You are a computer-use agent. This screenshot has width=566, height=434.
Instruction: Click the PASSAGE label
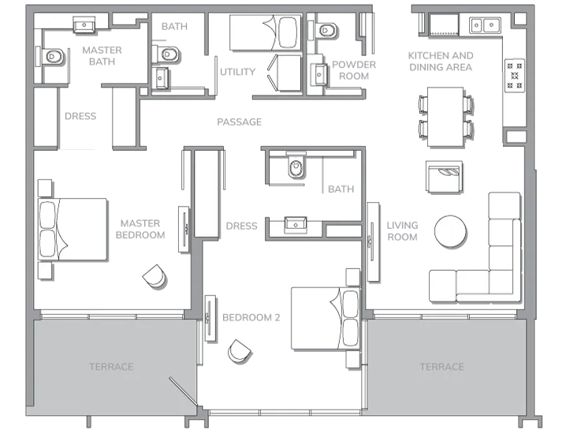point(239,122)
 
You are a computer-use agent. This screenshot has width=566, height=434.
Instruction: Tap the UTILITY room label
point(237,72)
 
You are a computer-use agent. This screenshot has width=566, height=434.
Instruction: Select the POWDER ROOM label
point(354,70)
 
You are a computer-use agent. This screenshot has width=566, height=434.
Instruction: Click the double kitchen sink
point(485,25)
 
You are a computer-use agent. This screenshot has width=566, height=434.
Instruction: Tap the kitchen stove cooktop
point(515,76)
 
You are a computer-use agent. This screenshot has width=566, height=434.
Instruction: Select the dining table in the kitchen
point(445,117)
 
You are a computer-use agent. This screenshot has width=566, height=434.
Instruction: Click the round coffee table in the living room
point(450,232)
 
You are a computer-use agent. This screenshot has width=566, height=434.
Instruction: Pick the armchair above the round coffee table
point(444,176)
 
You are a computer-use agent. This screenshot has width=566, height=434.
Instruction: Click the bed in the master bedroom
point(73,229)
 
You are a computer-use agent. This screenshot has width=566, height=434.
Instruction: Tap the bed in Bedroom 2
point(326,318)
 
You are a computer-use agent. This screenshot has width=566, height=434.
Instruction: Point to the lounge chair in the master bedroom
point(155,276)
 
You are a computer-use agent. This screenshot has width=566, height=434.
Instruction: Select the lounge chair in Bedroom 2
point(240,351)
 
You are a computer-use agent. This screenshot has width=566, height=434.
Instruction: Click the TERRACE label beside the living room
point(441,367)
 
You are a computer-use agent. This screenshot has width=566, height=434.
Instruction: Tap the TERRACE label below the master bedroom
point(111,367)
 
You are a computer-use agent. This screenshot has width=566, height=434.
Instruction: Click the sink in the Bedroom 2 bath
point(296,224)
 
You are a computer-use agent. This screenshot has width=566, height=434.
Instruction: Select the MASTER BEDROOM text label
point(140,229)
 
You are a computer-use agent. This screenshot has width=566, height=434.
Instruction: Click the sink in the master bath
point(84,24)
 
